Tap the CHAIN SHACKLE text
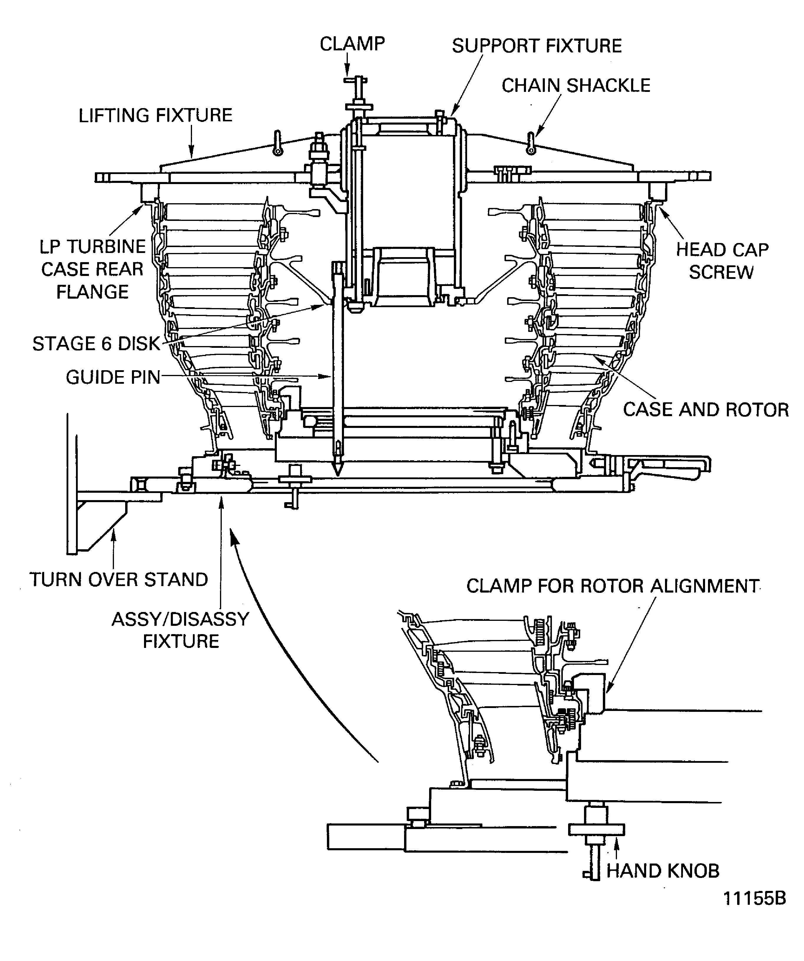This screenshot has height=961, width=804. click(x=576, y=86)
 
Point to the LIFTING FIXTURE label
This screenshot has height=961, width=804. click(x=155, y=115)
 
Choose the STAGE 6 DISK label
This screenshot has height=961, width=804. click(x=96, y=344)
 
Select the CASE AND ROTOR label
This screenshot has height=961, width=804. click(x=706, y=410)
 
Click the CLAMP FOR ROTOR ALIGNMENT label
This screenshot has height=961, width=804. click(x=612, y=586)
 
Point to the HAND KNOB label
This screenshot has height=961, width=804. click(x=663, y=871)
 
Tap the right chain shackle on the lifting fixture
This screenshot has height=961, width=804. click(x=530, y=143)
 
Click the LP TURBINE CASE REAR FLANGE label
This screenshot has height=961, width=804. click(x=92, y=269)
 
